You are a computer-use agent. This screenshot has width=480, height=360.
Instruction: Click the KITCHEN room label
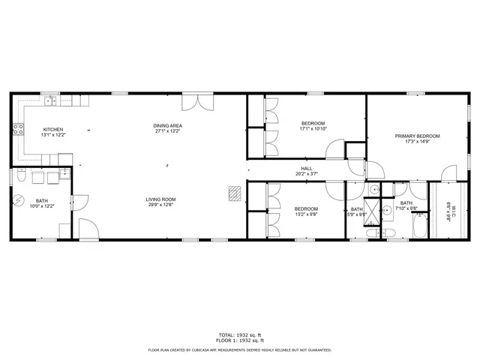[52, 128]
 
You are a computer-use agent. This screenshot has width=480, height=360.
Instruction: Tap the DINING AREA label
[168, 125]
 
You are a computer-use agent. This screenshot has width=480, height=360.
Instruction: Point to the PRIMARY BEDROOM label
[418, 136]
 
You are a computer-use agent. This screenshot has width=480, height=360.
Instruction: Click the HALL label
[306, 168]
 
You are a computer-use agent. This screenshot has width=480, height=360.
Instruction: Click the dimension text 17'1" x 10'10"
[313, 128]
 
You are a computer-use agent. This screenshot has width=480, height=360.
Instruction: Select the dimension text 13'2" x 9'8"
[305, 214]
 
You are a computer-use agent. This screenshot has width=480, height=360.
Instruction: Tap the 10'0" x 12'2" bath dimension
[41, 206]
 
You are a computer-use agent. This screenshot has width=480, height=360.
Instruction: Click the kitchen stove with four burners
[16, 130]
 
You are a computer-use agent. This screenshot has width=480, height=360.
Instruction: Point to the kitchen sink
[50, 99]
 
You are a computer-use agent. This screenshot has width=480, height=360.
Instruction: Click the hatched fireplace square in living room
[235, 193]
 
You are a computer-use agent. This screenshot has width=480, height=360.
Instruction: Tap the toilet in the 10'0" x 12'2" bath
[22, 175]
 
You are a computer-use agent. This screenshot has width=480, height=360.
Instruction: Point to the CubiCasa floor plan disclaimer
[239, 349]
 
